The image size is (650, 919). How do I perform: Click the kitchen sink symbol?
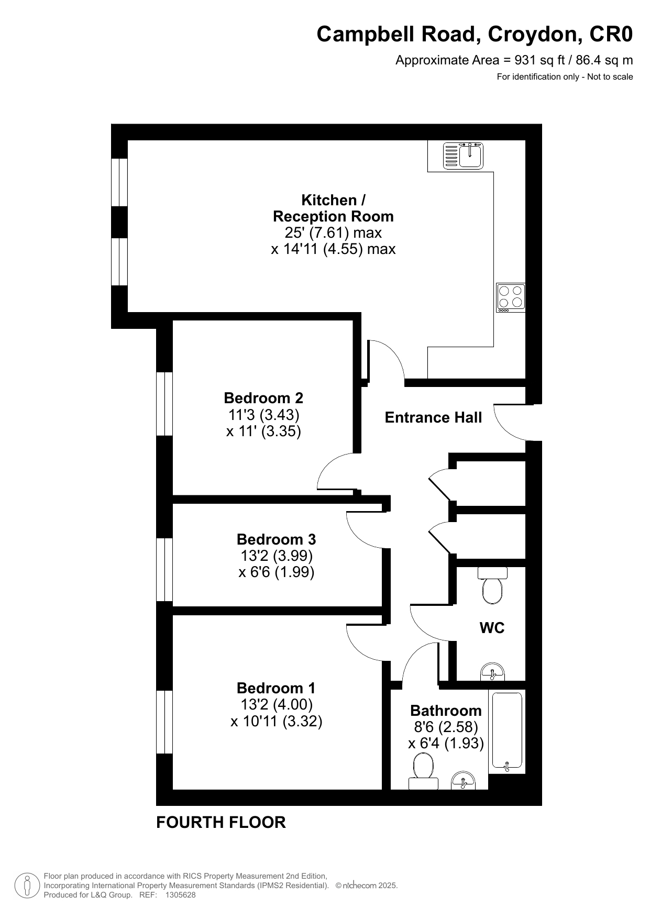coord(463,156)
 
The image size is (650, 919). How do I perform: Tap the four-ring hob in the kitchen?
coord(511,297)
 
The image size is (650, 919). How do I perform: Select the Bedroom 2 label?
coord(263,398)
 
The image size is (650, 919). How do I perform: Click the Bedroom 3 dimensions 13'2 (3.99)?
coord(277,555)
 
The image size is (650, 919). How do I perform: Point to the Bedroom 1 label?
coord(276,688)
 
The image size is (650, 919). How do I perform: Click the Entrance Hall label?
coord(433,417)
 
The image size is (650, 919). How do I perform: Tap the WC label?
coord(492,627)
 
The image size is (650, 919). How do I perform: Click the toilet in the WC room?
coord(492,586)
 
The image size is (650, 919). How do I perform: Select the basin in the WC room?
coord(492,671)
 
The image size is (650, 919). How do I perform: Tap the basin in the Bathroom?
coord(463,780)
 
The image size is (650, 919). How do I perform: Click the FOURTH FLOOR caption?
coord(221,822)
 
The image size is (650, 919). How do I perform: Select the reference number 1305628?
coord(180,895)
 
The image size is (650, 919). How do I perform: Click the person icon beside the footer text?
coord(27,885)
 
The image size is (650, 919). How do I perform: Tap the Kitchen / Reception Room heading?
coord(333,208)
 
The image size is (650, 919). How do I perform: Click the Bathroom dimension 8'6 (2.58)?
coord(446,727)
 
